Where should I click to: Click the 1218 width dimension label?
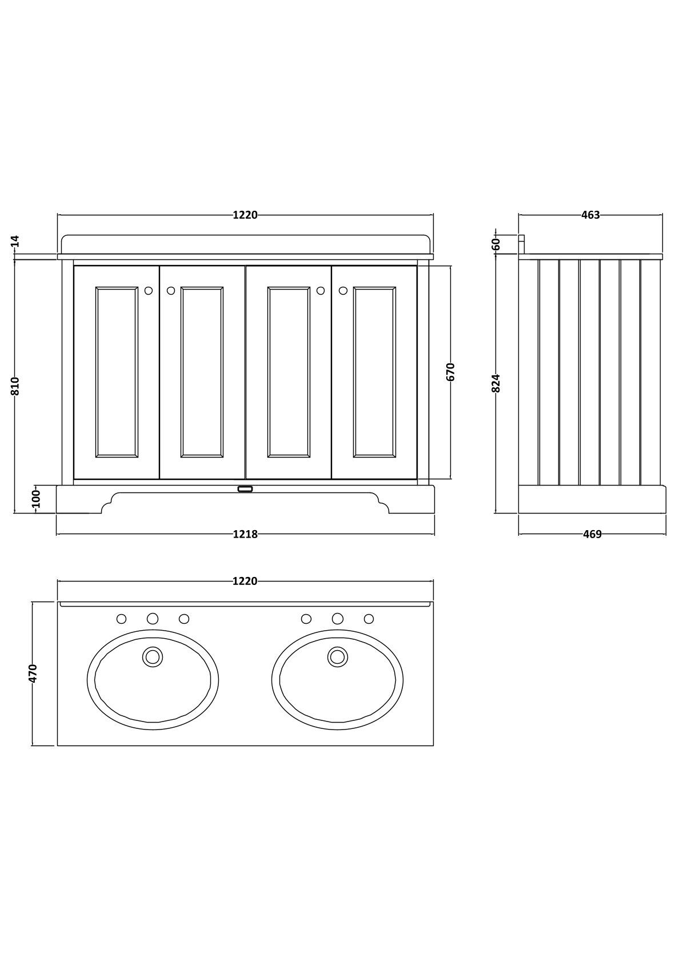245,534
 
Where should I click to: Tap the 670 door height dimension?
450,372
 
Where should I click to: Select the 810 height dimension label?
15,386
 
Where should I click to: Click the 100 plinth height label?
36,499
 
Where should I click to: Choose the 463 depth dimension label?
590,215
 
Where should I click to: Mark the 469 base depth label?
592,534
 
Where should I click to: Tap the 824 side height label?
496,383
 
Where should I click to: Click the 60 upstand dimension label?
496,243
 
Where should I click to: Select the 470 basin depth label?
33,672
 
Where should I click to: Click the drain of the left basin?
153,656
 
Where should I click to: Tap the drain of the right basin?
338,656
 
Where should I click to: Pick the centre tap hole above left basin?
153,619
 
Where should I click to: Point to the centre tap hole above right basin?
338,619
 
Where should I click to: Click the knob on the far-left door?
149,291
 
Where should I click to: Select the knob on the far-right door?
343,291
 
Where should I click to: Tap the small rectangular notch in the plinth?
245,489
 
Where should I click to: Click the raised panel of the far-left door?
117,372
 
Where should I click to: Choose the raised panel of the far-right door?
374,372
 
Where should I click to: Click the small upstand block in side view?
521,243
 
